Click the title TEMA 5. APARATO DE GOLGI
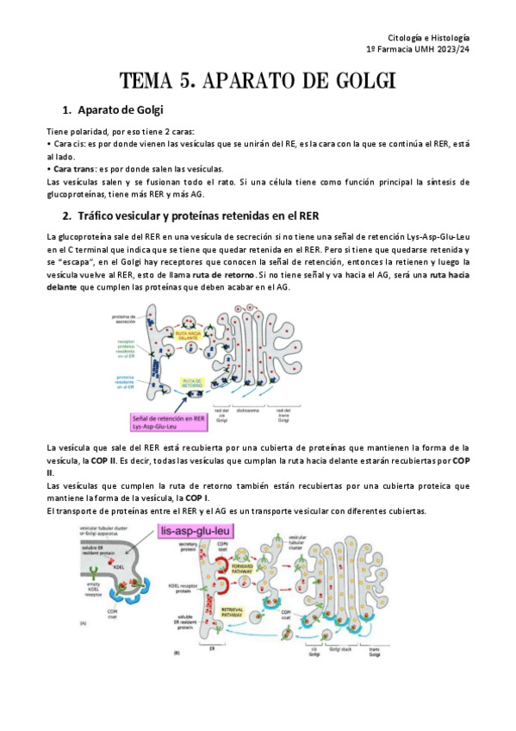coord(258,82)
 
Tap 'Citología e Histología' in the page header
coord(429,39)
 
